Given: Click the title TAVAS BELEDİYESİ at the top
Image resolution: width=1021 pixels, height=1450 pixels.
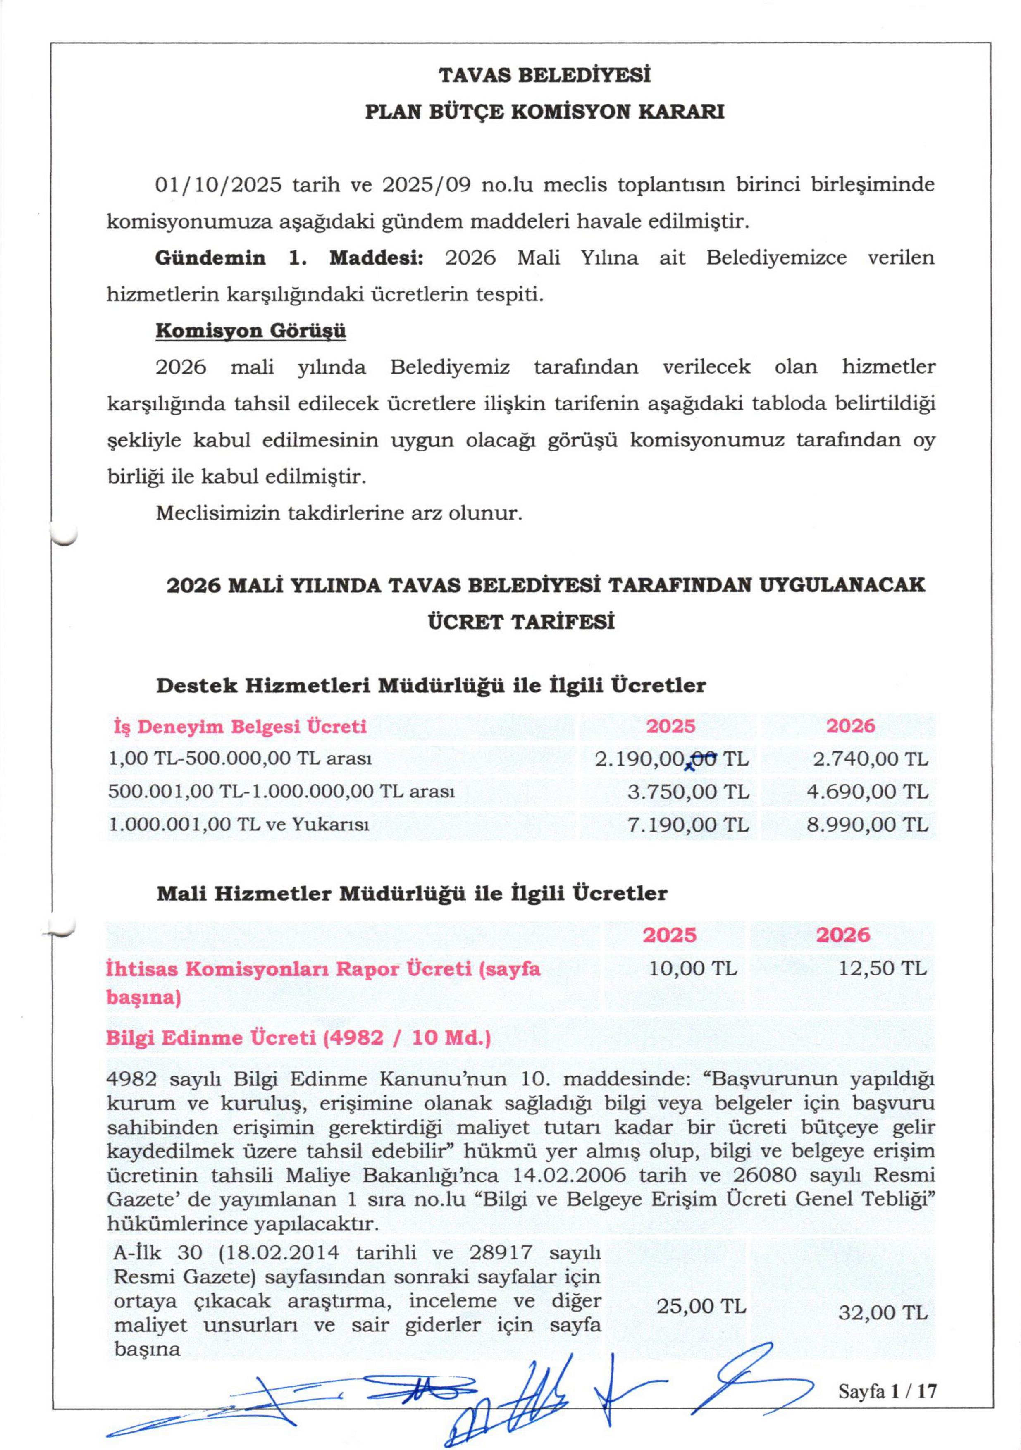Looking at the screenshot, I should tap(544, 75).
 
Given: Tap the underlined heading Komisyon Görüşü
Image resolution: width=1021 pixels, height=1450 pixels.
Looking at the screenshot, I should tap(250, 331).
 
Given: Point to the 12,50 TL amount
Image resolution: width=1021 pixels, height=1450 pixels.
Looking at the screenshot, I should tap(882, 969).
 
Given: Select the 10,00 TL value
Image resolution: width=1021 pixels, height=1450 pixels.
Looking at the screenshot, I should tap(693, 969).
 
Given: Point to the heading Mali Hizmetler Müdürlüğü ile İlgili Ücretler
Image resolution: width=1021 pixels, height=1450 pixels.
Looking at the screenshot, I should tap(412, 894).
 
